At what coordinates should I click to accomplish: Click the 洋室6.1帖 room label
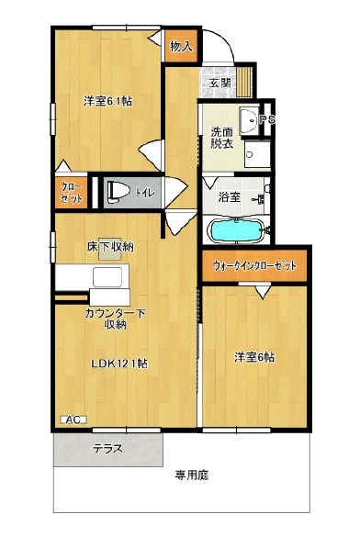click(x=108, y=101)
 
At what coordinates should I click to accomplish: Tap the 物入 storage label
click(x=182, y=46)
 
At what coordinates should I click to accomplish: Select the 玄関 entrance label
click(x=220, y=83)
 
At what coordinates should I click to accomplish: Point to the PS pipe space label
click(x=267, y=120)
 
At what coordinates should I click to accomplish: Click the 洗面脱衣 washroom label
click(x=222, y=138)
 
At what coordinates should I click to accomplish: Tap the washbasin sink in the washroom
click(x=249, y=120)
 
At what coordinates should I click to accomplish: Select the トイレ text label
click(x=145, y=193)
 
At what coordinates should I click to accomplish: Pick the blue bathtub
click(x=236, y=230)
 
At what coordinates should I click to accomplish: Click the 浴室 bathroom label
click(x=230, y=197)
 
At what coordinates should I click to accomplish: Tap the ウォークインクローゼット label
click(x=254, y=265)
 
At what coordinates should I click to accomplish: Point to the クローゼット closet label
click(x=72, y=193)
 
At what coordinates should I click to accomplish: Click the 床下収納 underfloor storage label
click(x=110, y=247)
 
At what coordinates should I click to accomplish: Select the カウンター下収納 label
click(x=116, y=319)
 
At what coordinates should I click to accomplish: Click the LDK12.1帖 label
click(x=119, y=364)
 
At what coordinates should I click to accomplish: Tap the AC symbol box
click(x=73, y=420)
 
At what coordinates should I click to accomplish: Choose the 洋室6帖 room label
click(x=254, y=357)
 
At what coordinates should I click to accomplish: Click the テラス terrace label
click(x=107, y=448)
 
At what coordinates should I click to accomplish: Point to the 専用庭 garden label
click(x=192, y=475)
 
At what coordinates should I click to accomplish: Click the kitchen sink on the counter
click(x=107, y=277)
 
